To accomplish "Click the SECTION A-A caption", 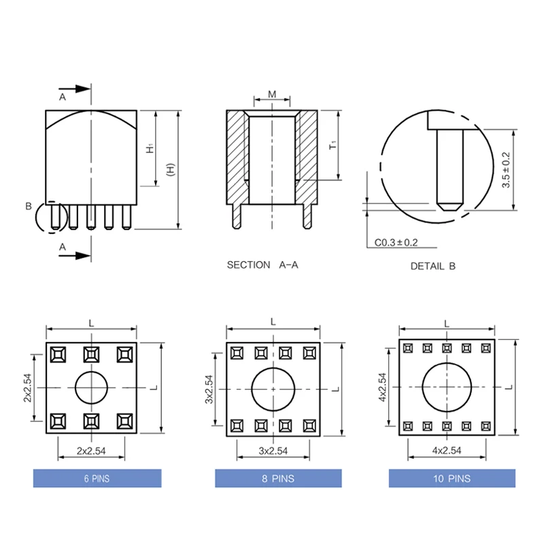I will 262,265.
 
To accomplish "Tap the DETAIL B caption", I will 432,267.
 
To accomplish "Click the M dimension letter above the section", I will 271,94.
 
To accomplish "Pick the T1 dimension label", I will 333,144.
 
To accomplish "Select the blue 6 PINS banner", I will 97,479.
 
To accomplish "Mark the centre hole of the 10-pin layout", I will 446,386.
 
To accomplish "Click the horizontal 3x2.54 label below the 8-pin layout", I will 273,450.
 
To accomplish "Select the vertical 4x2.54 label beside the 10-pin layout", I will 383,387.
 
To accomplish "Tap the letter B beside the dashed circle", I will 29,206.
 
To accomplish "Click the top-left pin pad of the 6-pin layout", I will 58,354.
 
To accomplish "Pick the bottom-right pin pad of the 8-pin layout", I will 309,426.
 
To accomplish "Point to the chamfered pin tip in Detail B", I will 449,203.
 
